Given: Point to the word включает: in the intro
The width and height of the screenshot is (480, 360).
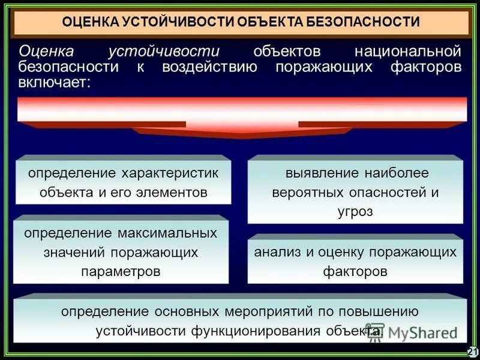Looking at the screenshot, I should [x=55, y=82].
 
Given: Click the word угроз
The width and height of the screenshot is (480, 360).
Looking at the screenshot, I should [x=355, y=212].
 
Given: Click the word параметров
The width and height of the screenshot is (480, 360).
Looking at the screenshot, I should [x=121, y=271].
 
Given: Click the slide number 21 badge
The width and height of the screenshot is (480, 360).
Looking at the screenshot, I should [x=472, y=352].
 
